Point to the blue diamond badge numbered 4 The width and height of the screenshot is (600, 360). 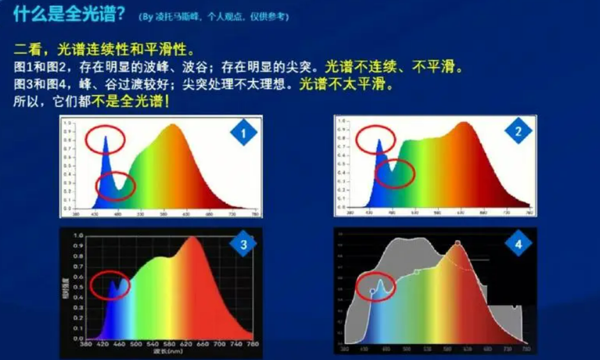point(518,244)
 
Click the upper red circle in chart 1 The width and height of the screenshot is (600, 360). point(105,140)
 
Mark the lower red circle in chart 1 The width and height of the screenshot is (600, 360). point(115,185)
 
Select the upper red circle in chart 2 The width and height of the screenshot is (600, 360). point(376,139)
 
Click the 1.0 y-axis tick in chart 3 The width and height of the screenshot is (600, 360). point(78,235)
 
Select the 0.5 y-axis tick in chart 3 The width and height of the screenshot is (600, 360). point(78,287)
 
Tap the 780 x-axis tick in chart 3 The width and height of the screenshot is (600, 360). point(252,344)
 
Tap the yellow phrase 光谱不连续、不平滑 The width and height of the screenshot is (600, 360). point(393,66)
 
